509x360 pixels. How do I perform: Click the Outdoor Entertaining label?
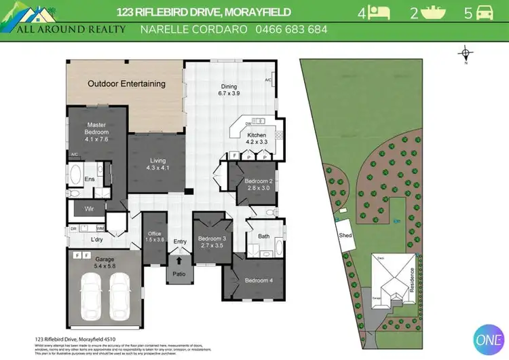(x=126, y=84)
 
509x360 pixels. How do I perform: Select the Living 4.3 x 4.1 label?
(x=157, y=164)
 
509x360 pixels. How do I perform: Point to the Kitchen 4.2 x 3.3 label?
(x=257, y=139)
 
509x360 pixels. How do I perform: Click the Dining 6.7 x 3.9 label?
(x=229, y=90)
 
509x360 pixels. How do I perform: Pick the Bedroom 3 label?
(x=211, y=242)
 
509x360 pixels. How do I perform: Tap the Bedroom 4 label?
(x=258, y=281)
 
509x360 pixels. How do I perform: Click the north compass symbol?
(x=465, y=54)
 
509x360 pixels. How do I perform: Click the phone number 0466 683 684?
(x=291, y=29)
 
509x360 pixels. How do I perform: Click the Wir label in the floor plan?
(x=88, y=209)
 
